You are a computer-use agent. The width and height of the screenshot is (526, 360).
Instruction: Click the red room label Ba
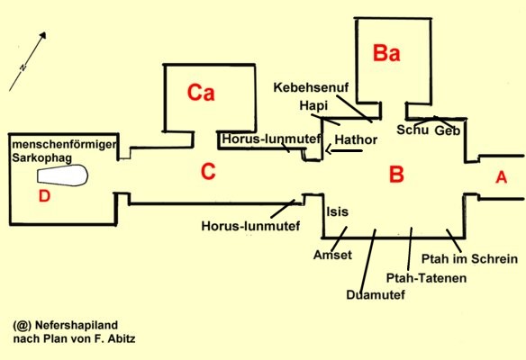point(386,53)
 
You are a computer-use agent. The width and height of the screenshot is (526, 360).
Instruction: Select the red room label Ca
point(201,92)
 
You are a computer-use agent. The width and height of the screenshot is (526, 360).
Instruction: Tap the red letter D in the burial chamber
point(44,196)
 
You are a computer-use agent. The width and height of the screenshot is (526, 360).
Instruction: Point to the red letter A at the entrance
point(501,177)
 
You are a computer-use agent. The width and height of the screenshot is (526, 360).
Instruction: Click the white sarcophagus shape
point(62,175)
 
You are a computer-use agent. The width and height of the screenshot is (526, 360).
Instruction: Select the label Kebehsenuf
point(311,87)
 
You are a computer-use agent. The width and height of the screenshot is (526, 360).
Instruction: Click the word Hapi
point(313,106)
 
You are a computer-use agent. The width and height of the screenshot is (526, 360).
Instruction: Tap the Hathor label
point(356,139)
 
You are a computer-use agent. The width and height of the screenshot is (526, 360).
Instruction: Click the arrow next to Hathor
point(343,151)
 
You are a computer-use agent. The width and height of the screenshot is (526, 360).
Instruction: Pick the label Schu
point(413,130)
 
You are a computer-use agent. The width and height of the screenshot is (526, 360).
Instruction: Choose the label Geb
point(447,130)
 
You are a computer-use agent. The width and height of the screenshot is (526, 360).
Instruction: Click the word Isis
point(338,211)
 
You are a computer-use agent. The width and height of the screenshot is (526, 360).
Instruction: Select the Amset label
point(332,255)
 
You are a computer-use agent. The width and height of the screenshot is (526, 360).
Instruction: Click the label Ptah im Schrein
point(469,259)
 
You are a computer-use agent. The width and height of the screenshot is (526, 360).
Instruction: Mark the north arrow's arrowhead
point(42,35)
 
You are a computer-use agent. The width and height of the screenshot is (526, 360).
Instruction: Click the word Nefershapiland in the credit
point(77,325)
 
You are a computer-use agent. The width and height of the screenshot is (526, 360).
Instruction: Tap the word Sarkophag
point(42,157)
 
